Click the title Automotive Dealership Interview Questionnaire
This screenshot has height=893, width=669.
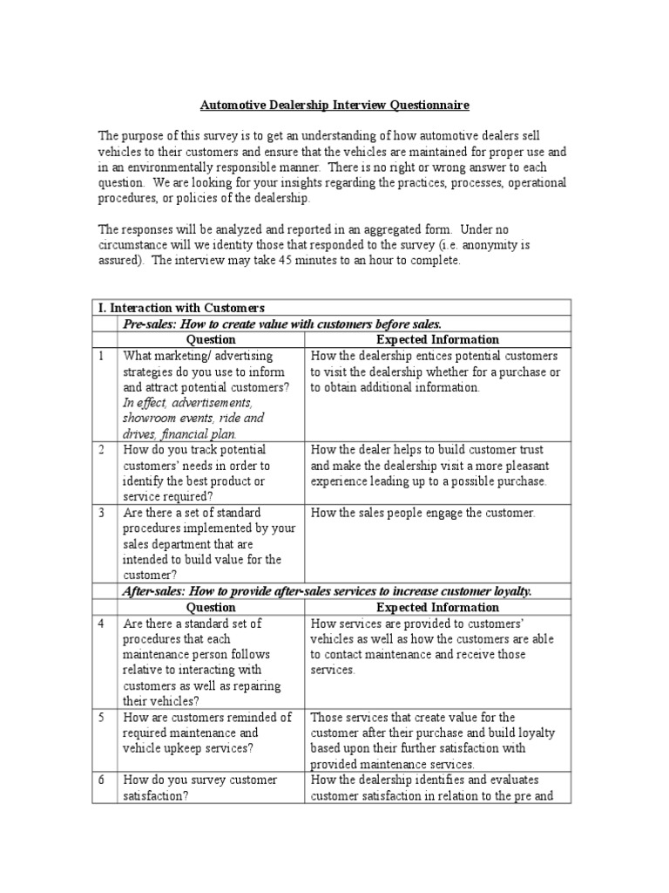pyautogui.click(x=334, y=106)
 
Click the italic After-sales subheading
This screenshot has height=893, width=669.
pyautogui.click(x=327, y=591)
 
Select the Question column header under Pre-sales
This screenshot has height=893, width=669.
pyautogui.click(x=211, y=339)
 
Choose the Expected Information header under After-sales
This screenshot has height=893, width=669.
pyautogui.click(x=437, y=607)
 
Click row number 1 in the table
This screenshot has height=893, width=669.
pyautogui.click(x=101, y=356)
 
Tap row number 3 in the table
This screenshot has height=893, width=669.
pyautogui.click(x=101, y=513)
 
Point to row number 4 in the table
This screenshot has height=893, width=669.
pyautogui.click(x=101, y=624)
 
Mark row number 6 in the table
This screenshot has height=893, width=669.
pyautogui.click(x=101, y=780)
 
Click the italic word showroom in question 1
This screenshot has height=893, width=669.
pyautogui.click(x=151, y=418)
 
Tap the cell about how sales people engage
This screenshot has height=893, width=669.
pyautogui.click(x=422, y=513)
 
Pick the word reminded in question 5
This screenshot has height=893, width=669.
pyautogui.click(x=241, y=717)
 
